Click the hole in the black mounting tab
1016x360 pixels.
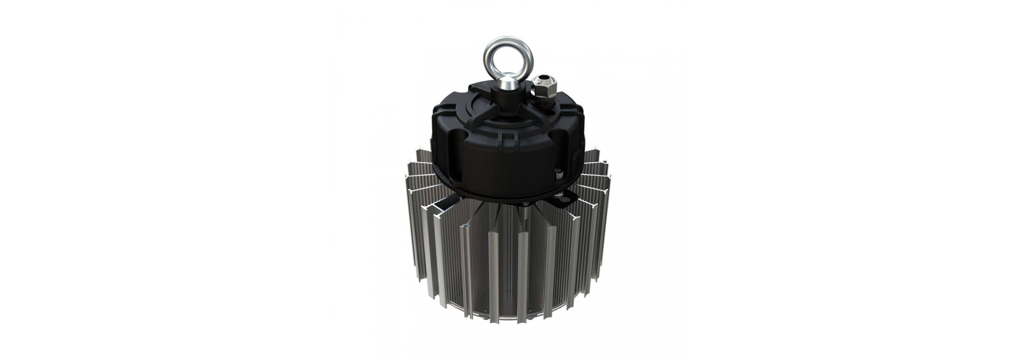[562, 199]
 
